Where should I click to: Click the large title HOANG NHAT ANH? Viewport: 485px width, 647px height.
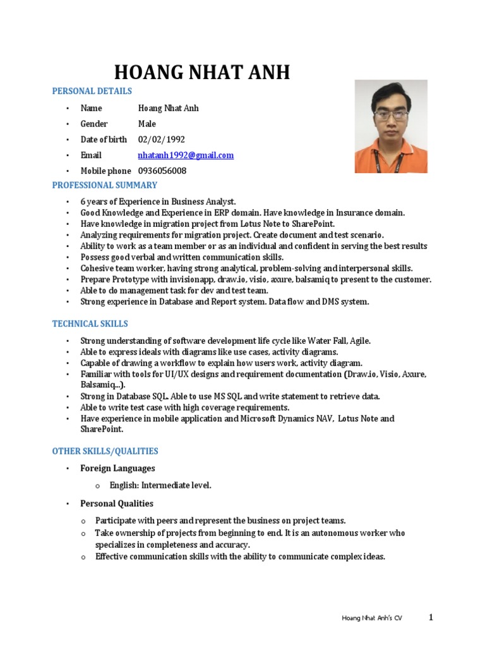[201, 73]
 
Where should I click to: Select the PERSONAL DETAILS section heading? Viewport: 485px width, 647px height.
[92, 92]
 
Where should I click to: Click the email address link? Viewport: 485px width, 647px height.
[186, 155]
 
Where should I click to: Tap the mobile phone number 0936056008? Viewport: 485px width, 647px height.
[162, 171]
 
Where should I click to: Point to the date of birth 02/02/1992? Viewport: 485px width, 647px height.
[162, 140]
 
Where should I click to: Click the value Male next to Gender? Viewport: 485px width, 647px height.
[147, 124]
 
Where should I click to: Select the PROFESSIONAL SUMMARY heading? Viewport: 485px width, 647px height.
[105, 186]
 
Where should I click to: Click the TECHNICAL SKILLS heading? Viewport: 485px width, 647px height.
[90, 324]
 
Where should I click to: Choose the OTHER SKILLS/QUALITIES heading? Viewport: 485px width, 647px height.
[105, 452]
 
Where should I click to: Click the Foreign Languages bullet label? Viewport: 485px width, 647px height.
[117, 469]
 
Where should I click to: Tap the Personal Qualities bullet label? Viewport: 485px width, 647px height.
[117, 504]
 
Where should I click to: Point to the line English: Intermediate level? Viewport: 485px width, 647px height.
[160, 486]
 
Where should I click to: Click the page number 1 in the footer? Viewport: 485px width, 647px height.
[431, 618]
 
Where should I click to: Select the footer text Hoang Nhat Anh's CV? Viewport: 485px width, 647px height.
[371, 619]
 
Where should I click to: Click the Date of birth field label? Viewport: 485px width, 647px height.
[104, 140]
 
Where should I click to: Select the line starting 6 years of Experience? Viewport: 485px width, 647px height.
[158, 202]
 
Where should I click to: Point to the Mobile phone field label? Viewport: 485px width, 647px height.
[106, 171]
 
